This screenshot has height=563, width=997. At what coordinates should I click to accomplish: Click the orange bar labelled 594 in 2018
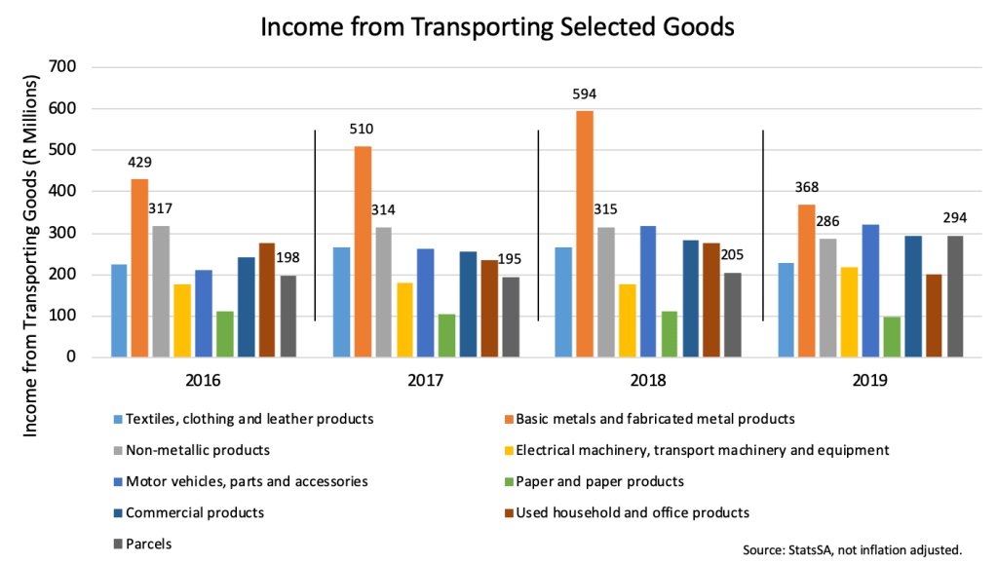pos(584,234)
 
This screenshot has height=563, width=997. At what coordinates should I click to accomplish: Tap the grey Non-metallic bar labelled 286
pos(827,298)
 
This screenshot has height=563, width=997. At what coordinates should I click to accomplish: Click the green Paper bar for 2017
pos(446,335)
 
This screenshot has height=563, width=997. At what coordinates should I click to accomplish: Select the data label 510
pos(362,129)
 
